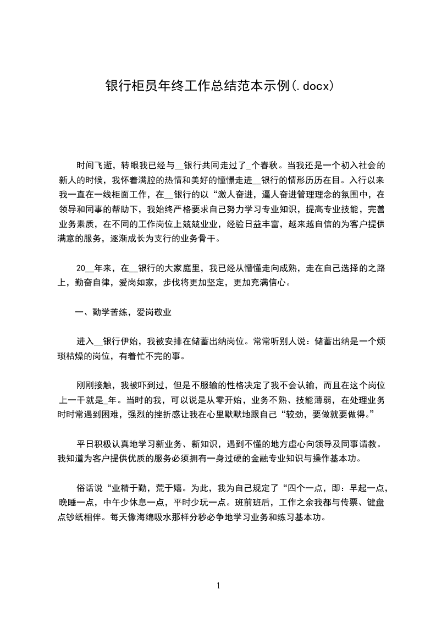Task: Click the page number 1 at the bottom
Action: (218, 586)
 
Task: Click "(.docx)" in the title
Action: (312, 86)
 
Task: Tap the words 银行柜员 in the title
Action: (128, 86)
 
